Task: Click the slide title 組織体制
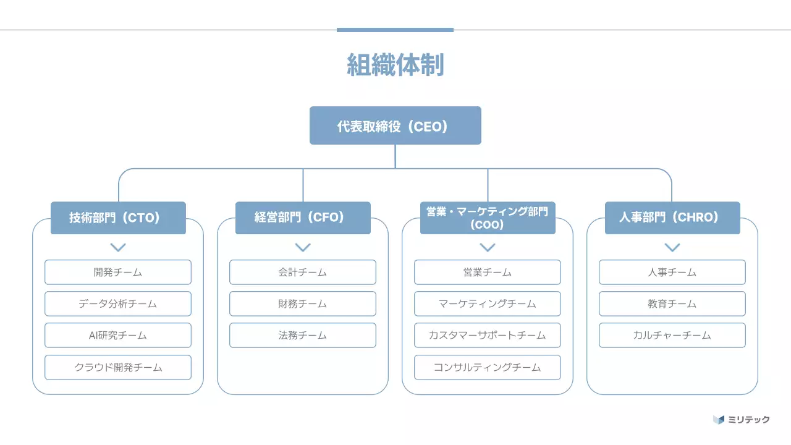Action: (395, 65)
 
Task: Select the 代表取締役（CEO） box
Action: (395, 125)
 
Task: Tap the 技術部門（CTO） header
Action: (118, 218)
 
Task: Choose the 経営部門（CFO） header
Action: (303, 218)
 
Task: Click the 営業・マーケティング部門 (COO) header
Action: (488, 218)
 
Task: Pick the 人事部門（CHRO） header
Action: (672, 218)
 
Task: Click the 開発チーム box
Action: (118, 272)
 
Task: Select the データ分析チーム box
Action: (118, 303)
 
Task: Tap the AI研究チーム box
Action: (118, 335)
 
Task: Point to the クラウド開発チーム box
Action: (118, 367)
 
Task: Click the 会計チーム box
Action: (303, 272)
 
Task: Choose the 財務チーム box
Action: (303, 303)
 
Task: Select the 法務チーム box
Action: (303, 335)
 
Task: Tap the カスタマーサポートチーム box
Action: (488, 335)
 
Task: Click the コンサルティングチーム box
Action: (488, 367)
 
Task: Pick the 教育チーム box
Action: (672, 303)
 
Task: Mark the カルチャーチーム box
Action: (672, 335)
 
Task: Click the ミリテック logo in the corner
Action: (742, 420)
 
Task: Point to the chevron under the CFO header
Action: (303, 247)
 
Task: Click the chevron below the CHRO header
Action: (672, 247)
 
